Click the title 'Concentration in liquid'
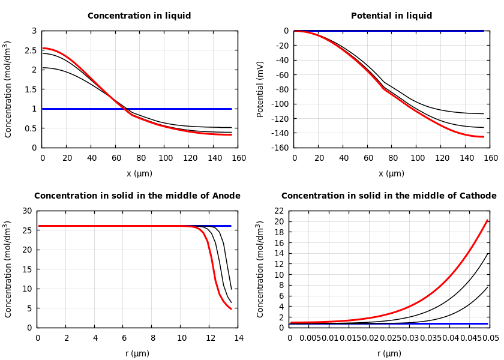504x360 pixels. pyautogui.click(x=139, y=16)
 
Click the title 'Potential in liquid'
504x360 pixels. pyautogui.click(x=391, y=16)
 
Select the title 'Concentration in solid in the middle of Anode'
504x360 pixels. pyautogui.click(x=137, y=196)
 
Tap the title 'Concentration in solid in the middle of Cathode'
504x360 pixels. pyautogui.click(x=389, y=196)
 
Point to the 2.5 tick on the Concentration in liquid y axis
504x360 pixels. pyautogui.click(x=31, y=50)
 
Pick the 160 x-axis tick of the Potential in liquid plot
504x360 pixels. pyautogui.click(x=490, y=158)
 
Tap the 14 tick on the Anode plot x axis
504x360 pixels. pyautogui.click(x=238, y=338)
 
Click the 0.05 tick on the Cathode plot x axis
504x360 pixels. pyautogui.click(x=490, y=338)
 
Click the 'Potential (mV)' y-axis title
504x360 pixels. pyautogui.click(x=260, y=89)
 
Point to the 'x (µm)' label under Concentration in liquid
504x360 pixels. pyautogui.click(x=139, y=174)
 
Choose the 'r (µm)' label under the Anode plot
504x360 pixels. pyautogui.click(x=137, y=354)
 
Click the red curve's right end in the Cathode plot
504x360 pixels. pyautogui.click(x=488, y=220)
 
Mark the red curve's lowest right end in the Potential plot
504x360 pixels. pyautogui.click(x=483, y=137)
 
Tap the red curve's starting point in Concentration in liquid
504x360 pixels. pyautogui.click(x=43, y=48)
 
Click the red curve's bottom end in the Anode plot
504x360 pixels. pyautogui.click(x=231, y=309)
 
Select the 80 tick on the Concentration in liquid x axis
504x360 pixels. pyautogui.click(x=140, y=158)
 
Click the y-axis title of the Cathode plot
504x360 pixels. pyautogui.click(x=260, y=269)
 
